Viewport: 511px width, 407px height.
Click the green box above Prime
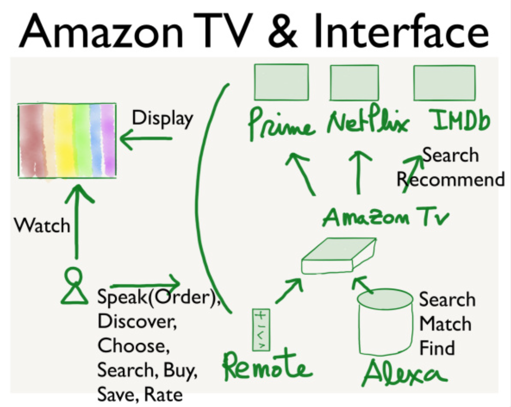[281, 82]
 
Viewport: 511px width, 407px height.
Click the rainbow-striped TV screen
[67, 140]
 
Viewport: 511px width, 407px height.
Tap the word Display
[162, 118]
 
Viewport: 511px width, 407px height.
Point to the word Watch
[42, 226]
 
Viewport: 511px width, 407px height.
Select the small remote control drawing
[261, 330]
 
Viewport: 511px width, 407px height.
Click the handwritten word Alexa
[404, 374]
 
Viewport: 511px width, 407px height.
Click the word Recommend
[450, 180]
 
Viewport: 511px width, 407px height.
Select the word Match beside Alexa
[445, 324]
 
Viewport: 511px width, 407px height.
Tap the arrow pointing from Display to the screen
[146, 139]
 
